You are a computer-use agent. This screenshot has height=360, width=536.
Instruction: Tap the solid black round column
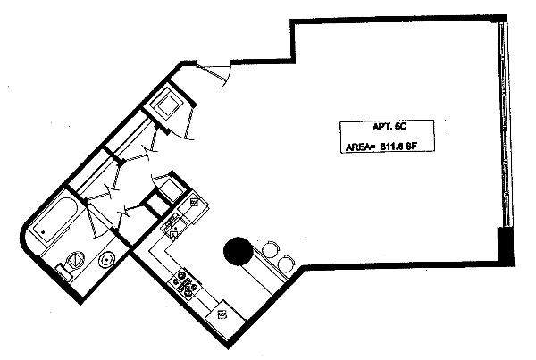click(x=237, y=251)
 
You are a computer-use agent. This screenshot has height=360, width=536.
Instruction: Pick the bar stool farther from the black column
click(x=284, y=262)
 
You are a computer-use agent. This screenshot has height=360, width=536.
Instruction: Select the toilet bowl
click(x=74, y=260)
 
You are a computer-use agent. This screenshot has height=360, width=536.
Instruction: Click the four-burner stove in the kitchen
click(x=187, y=281)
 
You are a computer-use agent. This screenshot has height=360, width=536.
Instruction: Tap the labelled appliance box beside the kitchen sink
click(x=194, y=203)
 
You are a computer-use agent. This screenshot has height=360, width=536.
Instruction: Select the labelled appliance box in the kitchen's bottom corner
click(x=222, y=315)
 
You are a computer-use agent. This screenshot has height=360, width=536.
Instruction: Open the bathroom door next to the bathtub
click(x=94, y=223)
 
